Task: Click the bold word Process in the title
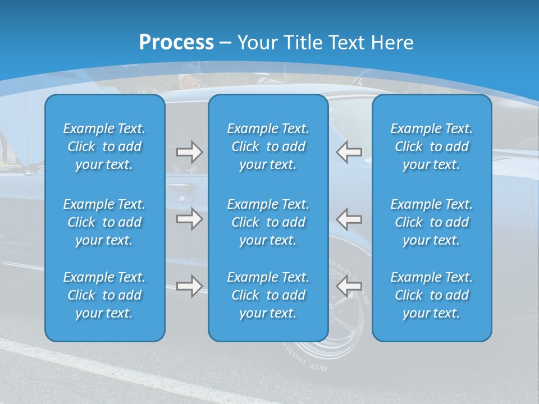(176, 43)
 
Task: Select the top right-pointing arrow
(189, 151)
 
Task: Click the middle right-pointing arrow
(189, 219)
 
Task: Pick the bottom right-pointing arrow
(189, 286)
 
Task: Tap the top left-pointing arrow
(349, 151)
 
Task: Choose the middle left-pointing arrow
(349, 219)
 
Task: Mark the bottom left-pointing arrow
(349, 286)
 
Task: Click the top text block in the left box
(104, 146)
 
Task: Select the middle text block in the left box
(104, 222)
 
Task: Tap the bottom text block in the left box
(104, 295)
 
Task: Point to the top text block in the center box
(268, 146)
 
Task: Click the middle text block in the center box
(268, 222)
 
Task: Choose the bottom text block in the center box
(268, 295)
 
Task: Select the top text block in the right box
(431, 146)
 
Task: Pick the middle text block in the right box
(431, 222)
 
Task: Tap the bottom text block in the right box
(431, 295)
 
